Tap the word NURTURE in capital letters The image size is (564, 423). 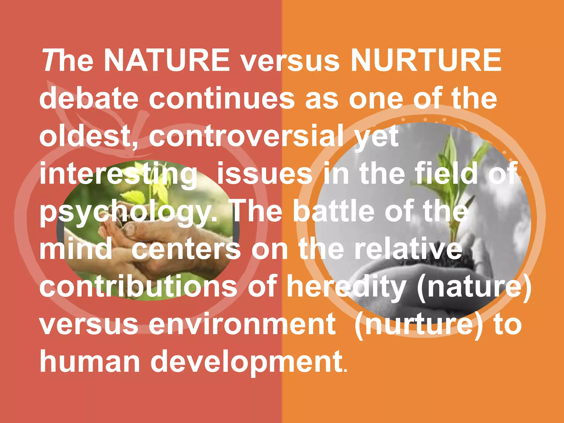[426, 60]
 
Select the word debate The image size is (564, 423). [89, 98]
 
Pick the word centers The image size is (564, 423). [186, 250]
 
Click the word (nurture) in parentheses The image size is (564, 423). [419, 325]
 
